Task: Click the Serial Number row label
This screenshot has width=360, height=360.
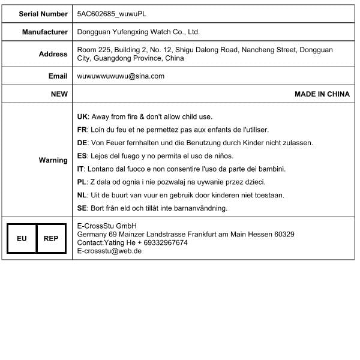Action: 43,13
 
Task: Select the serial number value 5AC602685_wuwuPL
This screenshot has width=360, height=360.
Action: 112,13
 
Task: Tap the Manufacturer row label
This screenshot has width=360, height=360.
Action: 45,32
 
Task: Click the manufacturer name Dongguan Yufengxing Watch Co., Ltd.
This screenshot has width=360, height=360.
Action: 139,32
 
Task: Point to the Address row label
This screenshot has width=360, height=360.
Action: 53,54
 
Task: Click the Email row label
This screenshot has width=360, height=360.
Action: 58,76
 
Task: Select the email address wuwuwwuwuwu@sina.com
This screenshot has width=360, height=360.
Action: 121,76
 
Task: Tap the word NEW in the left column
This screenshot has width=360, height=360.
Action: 59,94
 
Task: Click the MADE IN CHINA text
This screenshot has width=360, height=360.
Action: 322,94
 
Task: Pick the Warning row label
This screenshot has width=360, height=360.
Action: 53,160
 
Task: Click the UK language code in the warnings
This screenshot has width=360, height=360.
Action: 83,116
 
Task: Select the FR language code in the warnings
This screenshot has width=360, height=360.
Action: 83,130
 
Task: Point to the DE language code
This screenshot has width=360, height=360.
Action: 83,143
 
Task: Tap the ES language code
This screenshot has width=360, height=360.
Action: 83,156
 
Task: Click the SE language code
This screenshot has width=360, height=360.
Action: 83,208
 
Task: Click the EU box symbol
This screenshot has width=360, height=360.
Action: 22,238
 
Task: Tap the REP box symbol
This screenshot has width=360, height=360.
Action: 51,238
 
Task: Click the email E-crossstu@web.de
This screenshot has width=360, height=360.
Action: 109,251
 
